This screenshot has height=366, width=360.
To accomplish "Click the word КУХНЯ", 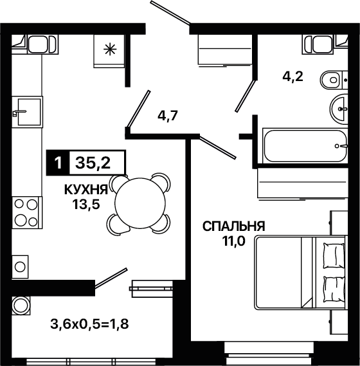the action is pyautogui.click(x=86, y=190).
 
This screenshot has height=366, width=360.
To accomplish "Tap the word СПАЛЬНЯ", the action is pyautogui.click(x=234, y=226).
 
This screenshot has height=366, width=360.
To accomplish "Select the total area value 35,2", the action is pyautogui.click(x=93, y=163).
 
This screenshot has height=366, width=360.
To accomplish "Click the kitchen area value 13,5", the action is pyautogui.click(x=86, y=205).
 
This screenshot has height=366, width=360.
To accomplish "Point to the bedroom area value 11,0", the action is pyautogui.click(x=233, y=241).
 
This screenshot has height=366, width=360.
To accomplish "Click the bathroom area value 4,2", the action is pyautogui.click(x=292, y=77).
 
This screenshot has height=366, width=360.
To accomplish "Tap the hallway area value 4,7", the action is pyautogui.click(x=168, y=115).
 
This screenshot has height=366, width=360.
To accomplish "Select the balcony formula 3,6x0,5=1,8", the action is pyautogui.click(x=89, y=324).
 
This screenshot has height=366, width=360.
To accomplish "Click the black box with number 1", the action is pyautogui.click(x=58, y=163).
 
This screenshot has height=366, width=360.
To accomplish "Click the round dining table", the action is pyautogui.click(x=140, y=203).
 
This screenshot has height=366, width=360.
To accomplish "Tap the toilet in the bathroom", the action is pyautogui.click(x=334, y=80).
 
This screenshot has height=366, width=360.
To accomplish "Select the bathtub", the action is pyautogui.click(x=305, y=146).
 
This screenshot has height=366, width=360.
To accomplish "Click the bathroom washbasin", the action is pyautogui.click(x=339, y=109).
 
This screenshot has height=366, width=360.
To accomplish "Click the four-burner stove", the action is pyautogui.click(x=27, y=212).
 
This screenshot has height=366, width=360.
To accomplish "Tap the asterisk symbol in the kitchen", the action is pyautogui.click(x=110, y=50).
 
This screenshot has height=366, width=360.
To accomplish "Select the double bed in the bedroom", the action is pyautogui.click(x=300, y=273).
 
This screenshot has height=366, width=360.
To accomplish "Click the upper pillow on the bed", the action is pyautogui.click(x=334, y=255).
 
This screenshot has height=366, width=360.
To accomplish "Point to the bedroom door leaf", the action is pyautogui.click(x=218, y=147).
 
